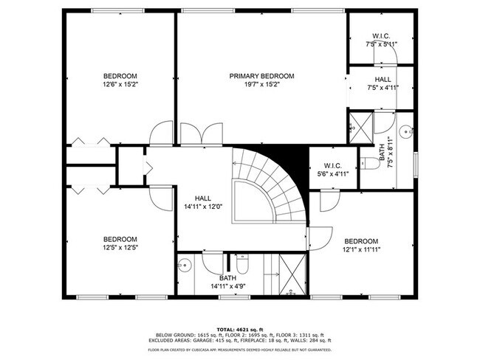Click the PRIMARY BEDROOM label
[x=261, y=76]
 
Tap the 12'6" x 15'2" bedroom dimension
[x=120, y=85]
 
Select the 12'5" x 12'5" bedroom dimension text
[x=120, y=247]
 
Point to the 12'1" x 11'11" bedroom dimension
[x=361, y=249]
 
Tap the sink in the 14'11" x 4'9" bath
[x=185, y=264]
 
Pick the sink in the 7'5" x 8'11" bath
[x=405, y=132]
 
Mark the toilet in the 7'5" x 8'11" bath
[x=365, y=164]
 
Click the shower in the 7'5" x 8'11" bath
[x=360, y=123]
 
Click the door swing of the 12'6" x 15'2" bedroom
[x=161, y=134]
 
